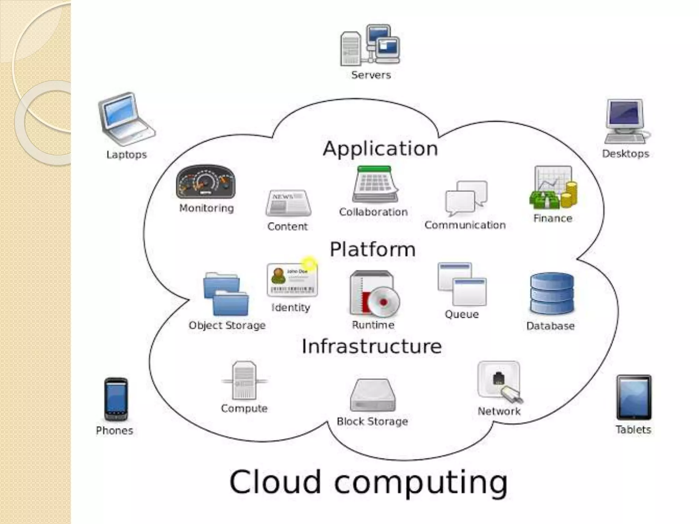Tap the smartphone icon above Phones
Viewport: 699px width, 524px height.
click(116, 399)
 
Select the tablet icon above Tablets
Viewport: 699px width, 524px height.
click(633, 397)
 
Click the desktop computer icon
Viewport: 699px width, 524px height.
click(627, 121)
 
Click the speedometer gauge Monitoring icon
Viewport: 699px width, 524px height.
click(206, 182)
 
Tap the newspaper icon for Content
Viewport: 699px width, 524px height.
click(288, 203)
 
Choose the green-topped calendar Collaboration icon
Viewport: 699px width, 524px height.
click(375, 184)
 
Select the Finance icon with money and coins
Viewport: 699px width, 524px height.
click(553, 187)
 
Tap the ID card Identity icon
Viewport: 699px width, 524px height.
click(292, 280)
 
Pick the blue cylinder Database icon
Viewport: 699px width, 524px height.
click(552, 293)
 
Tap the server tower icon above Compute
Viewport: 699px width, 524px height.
click(244, 380)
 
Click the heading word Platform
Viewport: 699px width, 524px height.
click(372, 249)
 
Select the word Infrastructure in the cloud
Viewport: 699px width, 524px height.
click(372, 346)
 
